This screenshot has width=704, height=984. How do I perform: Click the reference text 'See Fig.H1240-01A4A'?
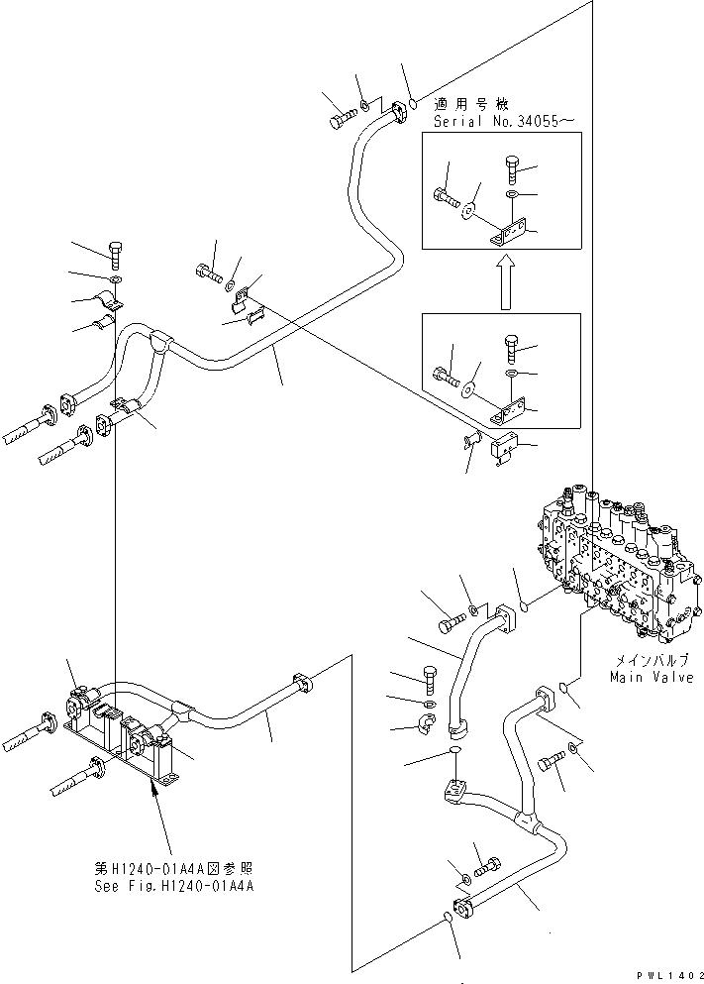(175, 887)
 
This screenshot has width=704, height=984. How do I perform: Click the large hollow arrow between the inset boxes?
(504, 279)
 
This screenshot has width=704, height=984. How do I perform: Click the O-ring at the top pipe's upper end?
(413, 103)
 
